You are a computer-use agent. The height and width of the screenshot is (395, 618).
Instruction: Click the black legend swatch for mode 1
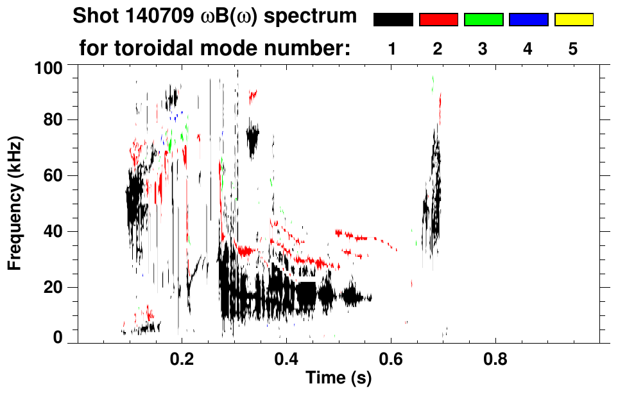pos(393,20)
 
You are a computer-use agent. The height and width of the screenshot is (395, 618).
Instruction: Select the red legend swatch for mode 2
pos(438,20)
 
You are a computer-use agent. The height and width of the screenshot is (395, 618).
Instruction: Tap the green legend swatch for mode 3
pos(483,20)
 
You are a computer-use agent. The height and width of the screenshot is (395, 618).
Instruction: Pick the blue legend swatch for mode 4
pos(528,20)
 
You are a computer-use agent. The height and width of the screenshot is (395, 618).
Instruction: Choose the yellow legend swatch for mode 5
pos(573,20)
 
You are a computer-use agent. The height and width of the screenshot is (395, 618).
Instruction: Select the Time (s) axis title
pos(338,378)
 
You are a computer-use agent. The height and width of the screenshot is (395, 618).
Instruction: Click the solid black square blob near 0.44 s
pos(307,293)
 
